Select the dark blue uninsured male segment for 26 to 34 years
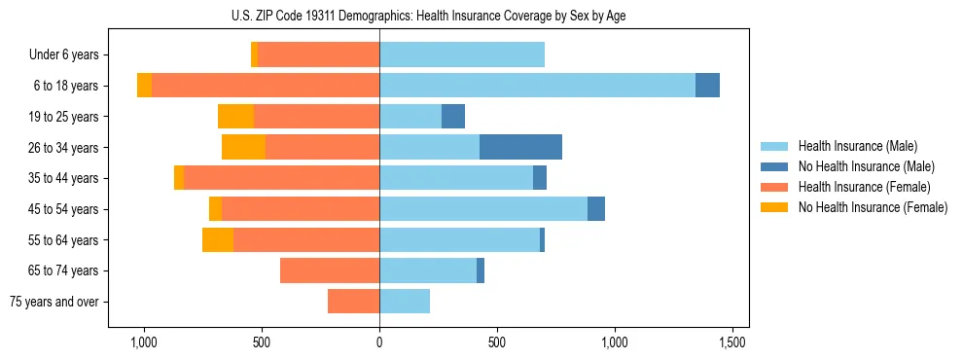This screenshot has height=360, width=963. click(x=520, y=147)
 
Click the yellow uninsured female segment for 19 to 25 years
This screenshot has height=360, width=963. click(x=235, y=117)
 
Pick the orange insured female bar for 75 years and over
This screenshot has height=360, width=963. click(x=353, y=302)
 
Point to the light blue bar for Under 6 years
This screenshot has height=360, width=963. click(x=462, y=54)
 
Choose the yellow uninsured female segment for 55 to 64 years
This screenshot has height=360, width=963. click(x=218, y=239)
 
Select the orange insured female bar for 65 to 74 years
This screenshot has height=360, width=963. click(x=330, y=270)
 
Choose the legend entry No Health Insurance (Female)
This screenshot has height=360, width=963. click(x=873, y=207)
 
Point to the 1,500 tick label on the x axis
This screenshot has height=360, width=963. click(x=732, y=343)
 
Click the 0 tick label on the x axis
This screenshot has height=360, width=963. click(x=379, y=343)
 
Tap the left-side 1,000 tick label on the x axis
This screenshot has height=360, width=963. click(x=143, y=343)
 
